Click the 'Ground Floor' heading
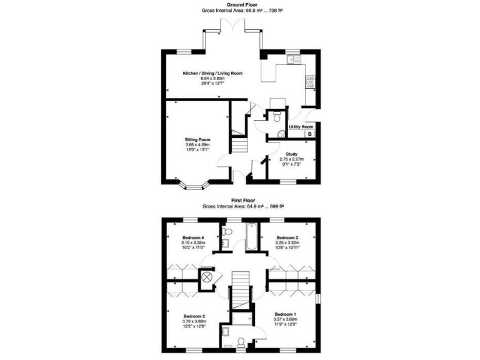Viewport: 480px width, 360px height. pos(241,4)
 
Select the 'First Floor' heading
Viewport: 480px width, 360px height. pos(241,200)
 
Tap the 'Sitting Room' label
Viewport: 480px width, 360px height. pos(197,139)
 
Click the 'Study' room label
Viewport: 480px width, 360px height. pos(291,154)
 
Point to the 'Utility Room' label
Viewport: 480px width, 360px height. pos(301,127)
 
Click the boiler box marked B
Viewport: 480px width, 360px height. pos(309,134)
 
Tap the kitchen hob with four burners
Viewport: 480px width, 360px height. pos(309,81)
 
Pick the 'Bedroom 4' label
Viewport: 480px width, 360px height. pos(193,238)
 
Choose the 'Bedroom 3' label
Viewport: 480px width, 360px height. pos(287,238)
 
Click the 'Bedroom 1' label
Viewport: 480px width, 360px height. pos(285,314)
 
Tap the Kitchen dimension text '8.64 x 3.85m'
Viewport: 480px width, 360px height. pos(212,78)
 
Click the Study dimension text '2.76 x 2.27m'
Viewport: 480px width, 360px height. pos(291,159)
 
